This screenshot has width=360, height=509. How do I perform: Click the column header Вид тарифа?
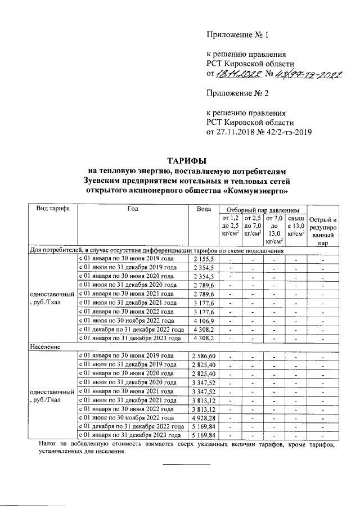(x=53, y=209)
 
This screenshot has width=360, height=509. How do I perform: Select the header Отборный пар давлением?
(x=262, y=209)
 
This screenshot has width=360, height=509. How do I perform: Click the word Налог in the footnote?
(x=50, y=445)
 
